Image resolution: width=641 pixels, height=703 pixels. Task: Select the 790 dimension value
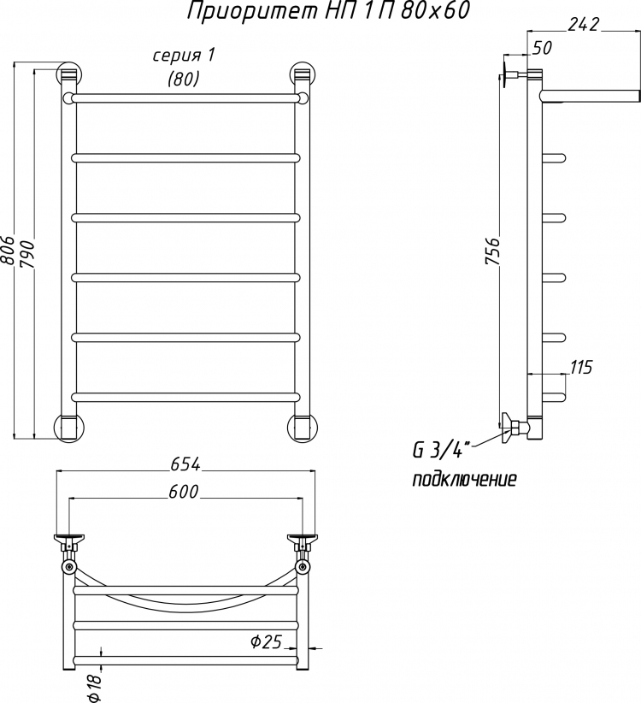click(27, 254)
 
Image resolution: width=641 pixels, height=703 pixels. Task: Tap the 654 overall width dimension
click(185, 465)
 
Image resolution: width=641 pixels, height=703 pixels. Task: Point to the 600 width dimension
click(184, 492)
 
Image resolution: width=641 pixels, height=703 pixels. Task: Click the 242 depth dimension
click(583, 24)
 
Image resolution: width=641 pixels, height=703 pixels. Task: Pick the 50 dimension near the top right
click(543, 48)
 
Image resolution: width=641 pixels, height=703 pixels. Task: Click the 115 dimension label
click(581, 367)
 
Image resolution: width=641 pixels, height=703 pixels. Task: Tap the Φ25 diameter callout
click(266, 642)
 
